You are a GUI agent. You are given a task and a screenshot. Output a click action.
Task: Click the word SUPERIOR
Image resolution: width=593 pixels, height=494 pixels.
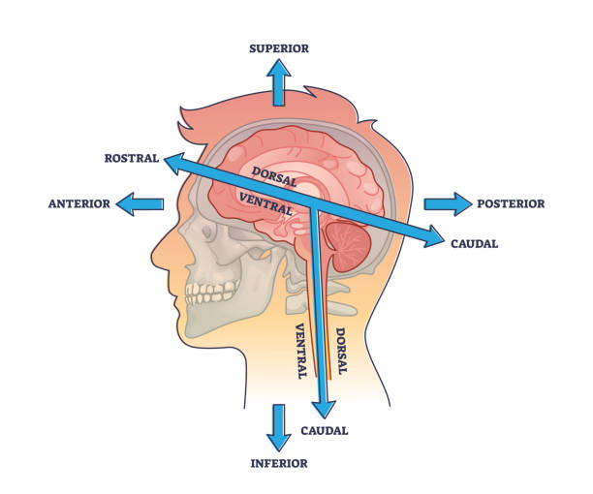[279, 48]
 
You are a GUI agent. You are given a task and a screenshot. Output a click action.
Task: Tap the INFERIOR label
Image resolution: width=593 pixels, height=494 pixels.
[279, 463]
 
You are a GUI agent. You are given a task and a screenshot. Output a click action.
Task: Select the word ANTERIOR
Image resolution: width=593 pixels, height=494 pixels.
[78, 203]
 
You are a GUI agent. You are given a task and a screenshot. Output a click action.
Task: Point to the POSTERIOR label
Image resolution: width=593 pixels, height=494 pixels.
[511, 203]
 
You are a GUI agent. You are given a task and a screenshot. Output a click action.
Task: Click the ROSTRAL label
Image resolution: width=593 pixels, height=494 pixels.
[132, 158]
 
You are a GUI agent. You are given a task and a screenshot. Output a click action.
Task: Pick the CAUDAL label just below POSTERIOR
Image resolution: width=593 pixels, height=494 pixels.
[474, 243]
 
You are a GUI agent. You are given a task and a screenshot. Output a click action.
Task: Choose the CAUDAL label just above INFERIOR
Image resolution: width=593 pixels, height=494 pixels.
[324, 430]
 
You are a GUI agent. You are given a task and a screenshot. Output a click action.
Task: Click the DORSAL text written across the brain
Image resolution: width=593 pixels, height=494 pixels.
[274, 177]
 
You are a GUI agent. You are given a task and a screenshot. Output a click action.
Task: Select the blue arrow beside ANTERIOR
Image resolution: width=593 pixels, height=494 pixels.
[140, 203]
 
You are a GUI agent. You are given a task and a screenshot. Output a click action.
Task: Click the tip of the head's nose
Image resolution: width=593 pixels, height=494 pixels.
[153, 259]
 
